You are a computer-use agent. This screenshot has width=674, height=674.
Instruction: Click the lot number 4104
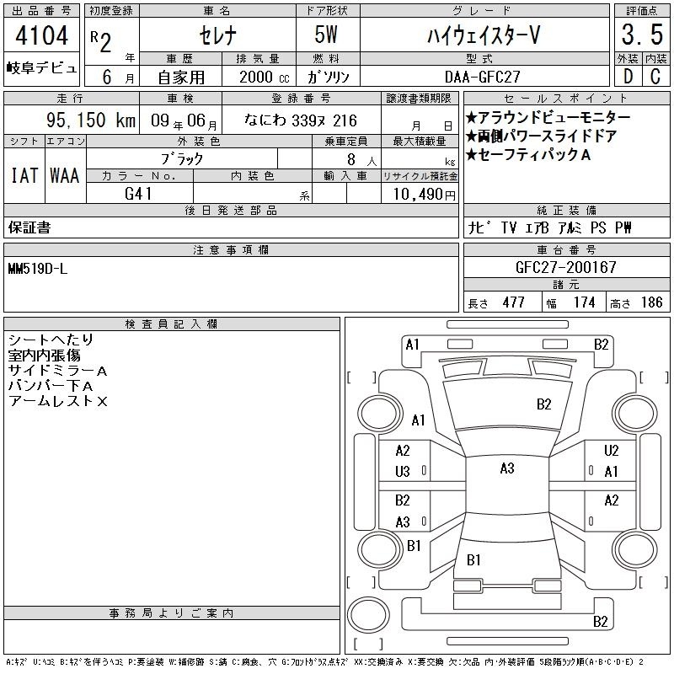coord(41,35)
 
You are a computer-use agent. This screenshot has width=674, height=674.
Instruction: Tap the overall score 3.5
coord(642,35)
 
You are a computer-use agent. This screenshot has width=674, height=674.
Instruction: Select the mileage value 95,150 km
coord(91,120)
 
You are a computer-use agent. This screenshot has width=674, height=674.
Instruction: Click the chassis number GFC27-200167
coord(565,267)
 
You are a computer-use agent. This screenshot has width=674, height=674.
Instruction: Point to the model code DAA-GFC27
coord(482,77)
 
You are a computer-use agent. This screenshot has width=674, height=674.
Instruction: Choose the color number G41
coord(138,194)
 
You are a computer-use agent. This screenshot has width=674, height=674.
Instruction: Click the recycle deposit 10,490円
coord(424,194)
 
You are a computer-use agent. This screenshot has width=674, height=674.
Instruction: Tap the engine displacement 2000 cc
coord(265,77)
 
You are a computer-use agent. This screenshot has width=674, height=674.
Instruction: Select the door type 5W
coord(326,35)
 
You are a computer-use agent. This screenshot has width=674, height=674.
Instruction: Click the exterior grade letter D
coord(628,77)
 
